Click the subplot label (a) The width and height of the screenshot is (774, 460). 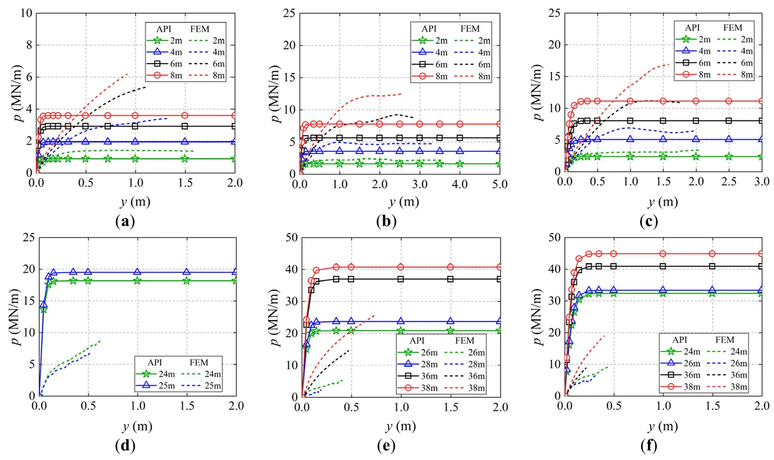coord(124,222)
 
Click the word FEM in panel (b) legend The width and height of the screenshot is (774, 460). coord(469,28)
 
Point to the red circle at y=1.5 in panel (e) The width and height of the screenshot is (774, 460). coord(450,267)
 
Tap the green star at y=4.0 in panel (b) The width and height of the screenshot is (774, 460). coord(459,164)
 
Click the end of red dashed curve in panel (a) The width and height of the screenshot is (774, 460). coord(128,74)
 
